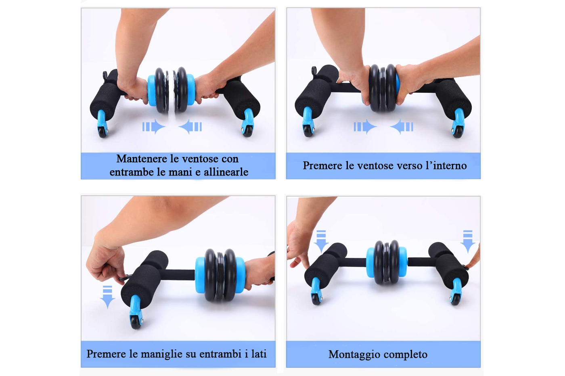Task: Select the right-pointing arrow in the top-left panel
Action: click(154, 127)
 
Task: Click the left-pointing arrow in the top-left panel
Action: click(190, 127)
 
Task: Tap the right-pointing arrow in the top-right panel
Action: click(365, 127)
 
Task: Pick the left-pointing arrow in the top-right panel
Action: click(402, 127)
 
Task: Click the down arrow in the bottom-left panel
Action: click(108, 297)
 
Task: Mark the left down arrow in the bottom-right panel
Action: click(321, 242)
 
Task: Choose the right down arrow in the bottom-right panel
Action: click(468, 242)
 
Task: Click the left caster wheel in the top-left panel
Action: click(103, 132)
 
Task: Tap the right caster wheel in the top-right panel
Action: click(458, 132)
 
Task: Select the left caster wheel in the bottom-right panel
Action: click(316, 299)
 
